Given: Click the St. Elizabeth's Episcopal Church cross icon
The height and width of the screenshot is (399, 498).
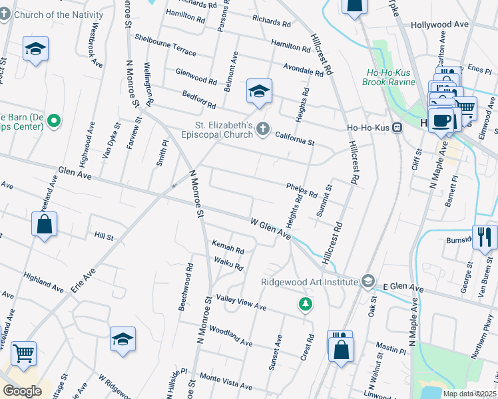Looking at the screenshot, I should (264, 129).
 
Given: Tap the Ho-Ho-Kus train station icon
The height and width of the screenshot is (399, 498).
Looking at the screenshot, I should (397, 128).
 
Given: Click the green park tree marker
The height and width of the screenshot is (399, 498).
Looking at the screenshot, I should (306, 304).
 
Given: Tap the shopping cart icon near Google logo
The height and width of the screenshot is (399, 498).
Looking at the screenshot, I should (23, 354).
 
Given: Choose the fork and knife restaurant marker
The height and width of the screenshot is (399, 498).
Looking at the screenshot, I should (484, 237).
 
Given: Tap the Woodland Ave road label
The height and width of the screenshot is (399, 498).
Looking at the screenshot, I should (230, 336).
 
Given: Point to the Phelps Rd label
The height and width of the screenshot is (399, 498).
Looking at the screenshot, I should (302, 190).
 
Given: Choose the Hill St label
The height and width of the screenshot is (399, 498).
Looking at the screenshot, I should (104, 236).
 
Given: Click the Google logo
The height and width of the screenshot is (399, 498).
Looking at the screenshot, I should (22, 391).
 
